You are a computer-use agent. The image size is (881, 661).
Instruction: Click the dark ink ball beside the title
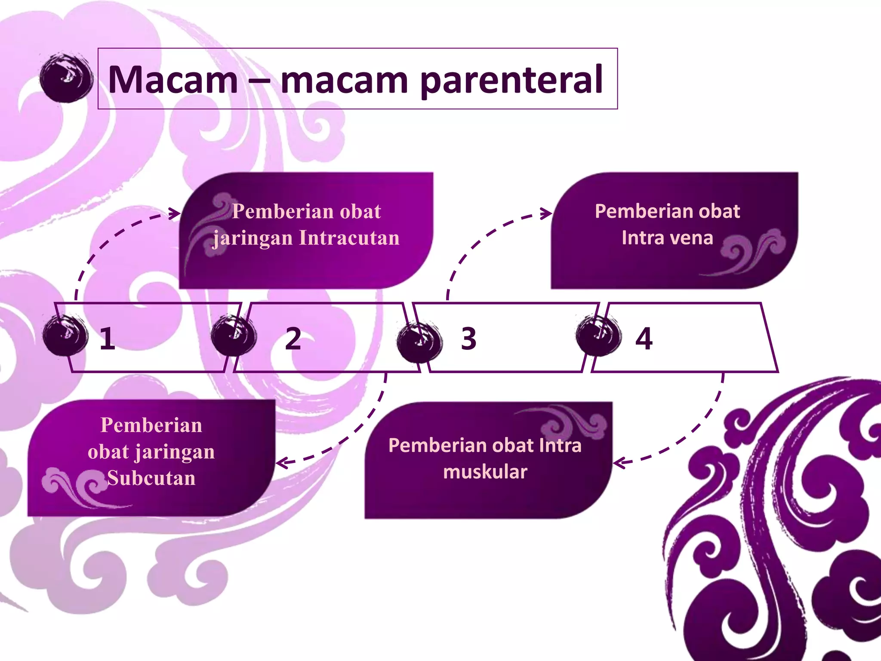(x=66, y=78)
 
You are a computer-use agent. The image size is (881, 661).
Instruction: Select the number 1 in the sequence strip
(x=107, y=339)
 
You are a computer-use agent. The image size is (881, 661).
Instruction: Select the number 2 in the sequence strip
(x=293, y=339)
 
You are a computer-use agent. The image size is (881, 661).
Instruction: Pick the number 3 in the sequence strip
(x=468, y=339)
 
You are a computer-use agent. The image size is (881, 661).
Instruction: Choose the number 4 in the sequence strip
(x=644, y=339)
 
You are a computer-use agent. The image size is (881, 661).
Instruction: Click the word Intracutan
(x=349, y=238)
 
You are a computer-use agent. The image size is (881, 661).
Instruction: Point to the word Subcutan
(x=151, y=478)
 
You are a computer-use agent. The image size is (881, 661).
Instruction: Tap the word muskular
(x=485, y=472)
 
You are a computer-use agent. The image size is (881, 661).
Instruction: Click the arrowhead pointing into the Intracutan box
(x=175, y=213)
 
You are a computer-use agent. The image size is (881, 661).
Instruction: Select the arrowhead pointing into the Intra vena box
(x=546, y=213)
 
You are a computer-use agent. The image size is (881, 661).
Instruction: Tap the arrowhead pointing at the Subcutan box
(x=282, y=463)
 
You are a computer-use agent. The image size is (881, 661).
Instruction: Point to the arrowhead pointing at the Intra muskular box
(x=619, y=463)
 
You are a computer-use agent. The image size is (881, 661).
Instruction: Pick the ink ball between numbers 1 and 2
(x=234, y=335)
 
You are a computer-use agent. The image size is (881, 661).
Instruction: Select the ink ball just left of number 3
(x=419, y=342)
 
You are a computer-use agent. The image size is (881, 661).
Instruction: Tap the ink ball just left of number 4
(x=598, y=335)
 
